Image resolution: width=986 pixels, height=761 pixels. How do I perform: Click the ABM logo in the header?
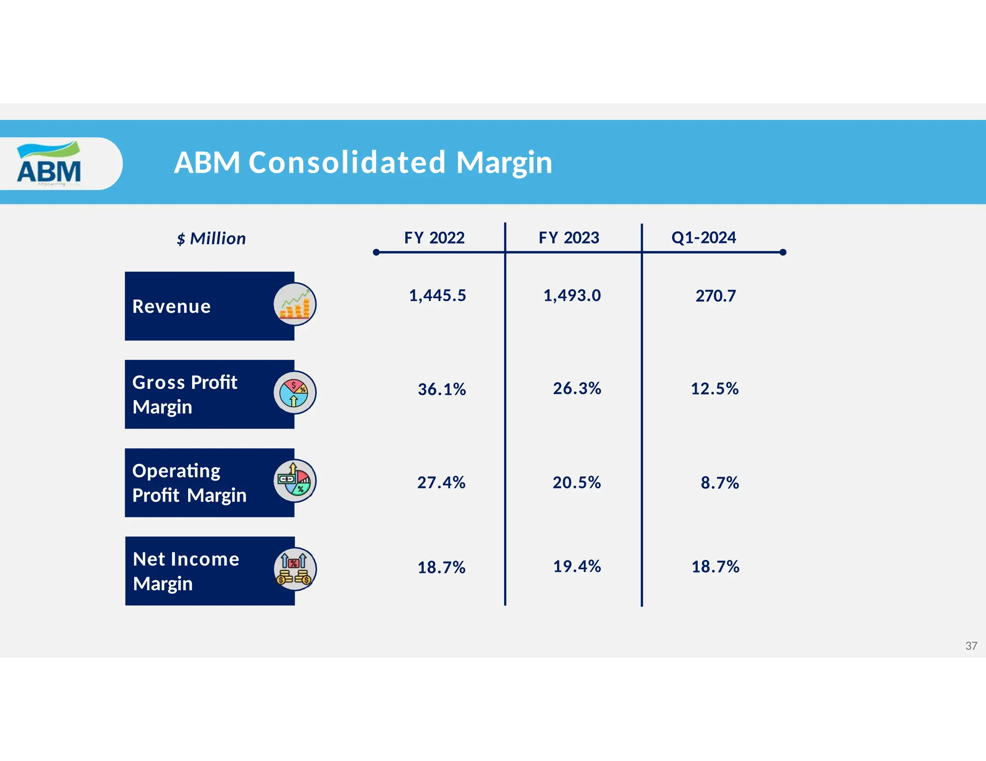[x=49, y=163]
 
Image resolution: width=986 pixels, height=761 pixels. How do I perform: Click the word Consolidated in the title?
[x=347, y=162]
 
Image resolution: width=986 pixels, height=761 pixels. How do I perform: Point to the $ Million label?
[x=211, y=239]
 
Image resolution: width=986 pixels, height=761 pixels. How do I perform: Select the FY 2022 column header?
[x=434, y=238]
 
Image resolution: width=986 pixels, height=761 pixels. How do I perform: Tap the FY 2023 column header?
[x=569, y=238]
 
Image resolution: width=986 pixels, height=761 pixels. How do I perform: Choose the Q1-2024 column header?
[x=703, y=238]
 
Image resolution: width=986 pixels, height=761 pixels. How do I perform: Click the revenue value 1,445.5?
[x=437, y=295]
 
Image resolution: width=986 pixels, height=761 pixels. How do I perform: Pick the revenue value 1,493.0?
[x=572, y=295]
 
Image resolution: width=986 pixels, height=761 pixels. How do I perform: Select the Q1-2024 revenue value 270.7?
[x=715, y=296]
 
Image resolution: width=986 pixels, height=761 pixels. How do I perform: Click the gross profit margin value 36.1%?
[x=441, y=389]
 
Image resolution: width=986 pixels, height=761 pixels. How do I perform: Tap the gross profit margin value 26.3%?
[x=577, y=388]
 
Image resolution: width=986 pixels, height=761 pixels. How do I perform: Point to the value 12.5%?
[x=714, y=389]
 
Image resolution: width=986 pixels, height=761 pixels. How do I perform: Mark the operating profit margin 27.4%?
[x=441, y=482]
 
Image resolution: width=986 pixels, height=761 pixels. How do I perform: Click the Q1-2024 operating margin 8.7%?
[x=719, y=482]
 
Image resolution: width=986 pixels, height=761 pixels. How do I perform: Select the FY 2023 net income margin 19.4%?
[x=577, y=567]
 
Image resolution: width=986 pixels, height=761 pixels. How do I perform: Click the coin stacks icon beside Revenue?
[x=295, y=304]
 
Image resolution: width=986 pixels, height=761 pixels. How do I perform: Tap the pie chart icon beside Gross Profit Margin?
[x=295, y=393]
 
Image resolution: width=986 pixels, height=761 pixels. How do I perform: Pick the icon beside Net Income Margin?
[x=295, y=570]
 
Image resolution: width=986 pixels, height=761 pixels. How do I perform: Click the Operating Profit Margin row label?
[x=189, y=483]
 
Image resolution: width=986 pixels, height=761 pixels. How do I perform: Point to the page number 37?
[x=971, y=646]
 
